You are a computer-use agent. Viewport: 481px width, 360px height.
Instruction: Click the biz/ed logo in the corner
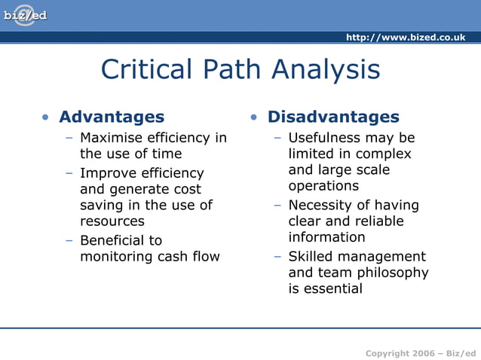click(x=25, y=15)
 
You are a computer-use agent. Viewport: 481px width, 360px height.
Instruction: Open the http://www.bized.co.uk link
click(x=405, y=38)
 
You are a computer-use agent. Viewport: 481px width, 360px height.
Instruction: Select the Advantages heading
click(x=111, y=117)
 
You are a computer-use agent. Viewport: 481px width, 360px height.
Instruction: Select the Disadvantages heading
click(x=333, y=117)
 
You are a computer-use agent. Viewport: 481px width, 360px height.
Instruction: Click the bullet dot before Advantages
click(x=47, y=117)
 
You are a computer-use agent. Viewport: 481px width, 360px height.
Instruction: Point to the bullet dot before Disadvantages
click(x=255, y=117)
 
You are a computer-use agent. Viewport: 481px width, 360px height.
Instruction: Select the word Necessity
click(x=320, y=205)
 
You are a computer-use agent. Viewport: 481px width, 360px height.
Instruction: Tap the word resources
click(x=112, y=221)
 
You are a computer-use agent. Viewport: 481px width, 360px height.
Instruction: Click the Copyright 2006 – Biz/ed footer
click(x=420, y=353)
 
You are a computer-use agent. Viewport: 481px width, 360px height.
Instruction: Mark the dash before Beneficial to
click(x=69, y=240)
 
